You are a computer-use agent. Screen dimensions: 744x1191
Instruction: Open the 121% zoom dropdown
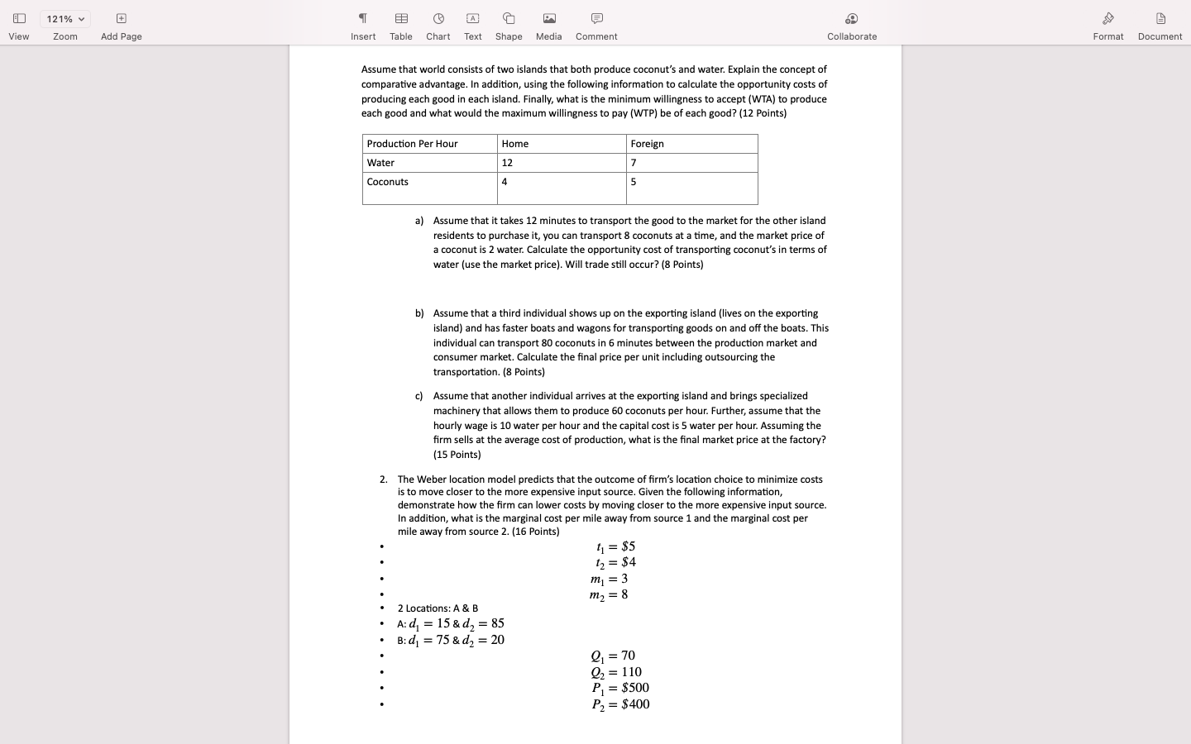(65, 19)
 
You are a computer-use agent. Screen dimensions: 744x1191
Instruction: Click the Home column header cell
(561, 144)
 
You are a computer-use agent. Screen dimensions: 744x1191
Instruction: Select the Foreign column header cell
(691, 144)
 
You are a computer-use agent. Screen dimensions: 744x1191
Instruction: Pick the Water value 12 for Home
(561, 163)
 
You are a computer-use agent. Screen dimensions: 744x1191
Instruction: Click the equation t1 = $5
(615, 546)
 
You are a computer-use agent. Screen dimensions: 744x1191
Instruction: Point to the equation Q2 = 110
(616, 672)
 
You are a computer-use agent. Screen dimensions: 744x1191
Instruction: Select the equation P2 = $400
(620, 704)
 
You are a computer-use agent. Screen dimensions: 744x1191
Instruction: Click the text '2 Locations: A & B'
(438, 608)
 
